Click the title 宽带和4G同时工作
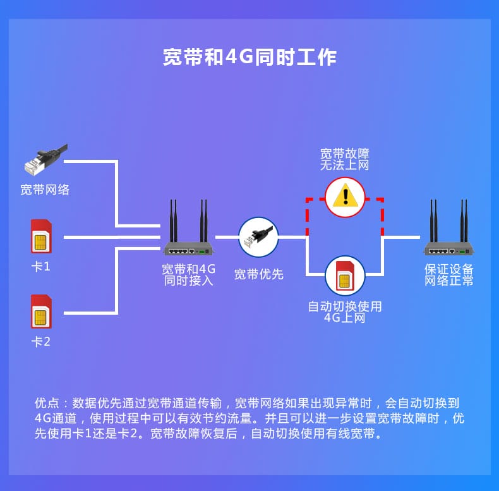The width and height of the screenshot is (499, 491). click(x=249, y=57)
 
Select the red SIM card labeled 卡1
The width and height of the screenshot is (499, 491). click(x=41, y=236)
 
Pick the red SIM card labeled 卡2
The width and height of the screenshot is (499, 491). click(x=41, y=312)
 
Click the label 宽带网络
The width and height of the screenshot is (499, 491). click(x=45, y=190)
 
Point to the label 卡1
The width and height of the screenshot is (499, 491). click(x=41, y=267)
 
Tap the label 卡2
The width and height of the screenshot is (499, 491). click(x=41, y=342)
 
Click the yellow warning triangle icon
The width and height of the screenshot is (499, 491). click(x=346, y=195)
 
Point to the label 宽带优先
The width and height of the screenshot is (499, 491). click(x=258, y=274)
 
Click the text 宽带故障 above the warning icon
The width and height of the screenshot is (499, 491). click(x=345, y=154)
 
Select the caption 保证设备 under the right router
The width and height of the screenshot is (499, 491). click(x=448, y=269)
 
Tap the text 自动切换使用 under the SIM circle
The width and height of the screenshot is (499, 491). click(x=345, y=306)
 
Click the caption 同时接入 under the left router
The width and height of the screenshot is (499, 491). click(x=188, y=280)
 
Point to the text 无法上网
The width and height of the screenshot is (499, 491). click(x=345, y=165)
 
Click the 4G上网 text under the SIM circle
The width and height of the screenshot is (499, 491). click(x=345, y=318)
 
